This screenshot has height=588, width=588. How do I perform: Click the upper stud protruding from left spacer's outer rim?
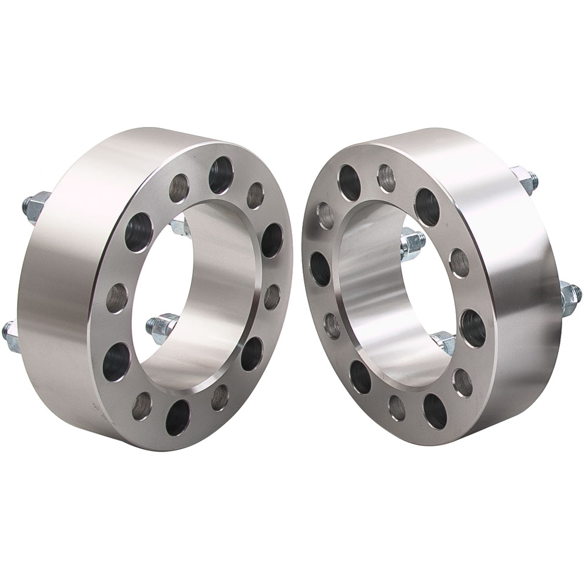[34, 204]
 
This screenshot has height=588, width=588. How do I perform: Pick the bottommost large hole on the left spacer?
[178, 417]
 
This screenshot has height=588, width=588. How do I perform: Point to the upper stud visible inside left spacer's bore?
[179, 226]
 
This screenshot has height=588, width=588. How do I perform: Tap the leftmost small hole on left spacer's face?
[117, 298]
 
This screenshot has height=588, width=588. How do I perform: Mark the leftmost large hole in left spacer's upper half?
[138, 232]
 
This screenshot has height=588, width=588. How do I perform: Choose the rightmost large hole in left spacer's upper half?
[271, 240]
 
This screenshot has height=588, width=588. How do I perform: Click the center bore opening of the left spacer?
[200, 294]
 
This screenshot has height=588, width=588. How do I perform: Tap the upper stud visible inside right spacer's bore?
[413, 242]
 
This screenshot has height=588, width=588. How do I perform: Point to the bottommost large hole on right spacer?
[435, 410]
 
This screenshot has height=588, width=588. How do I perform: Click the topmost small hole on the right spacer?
[386, 178]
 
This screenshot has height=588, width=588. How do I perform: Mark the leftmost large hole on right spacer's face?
[320, 269]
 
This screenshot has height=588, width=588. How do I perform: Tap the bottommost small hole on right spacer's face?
[397, 408]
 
